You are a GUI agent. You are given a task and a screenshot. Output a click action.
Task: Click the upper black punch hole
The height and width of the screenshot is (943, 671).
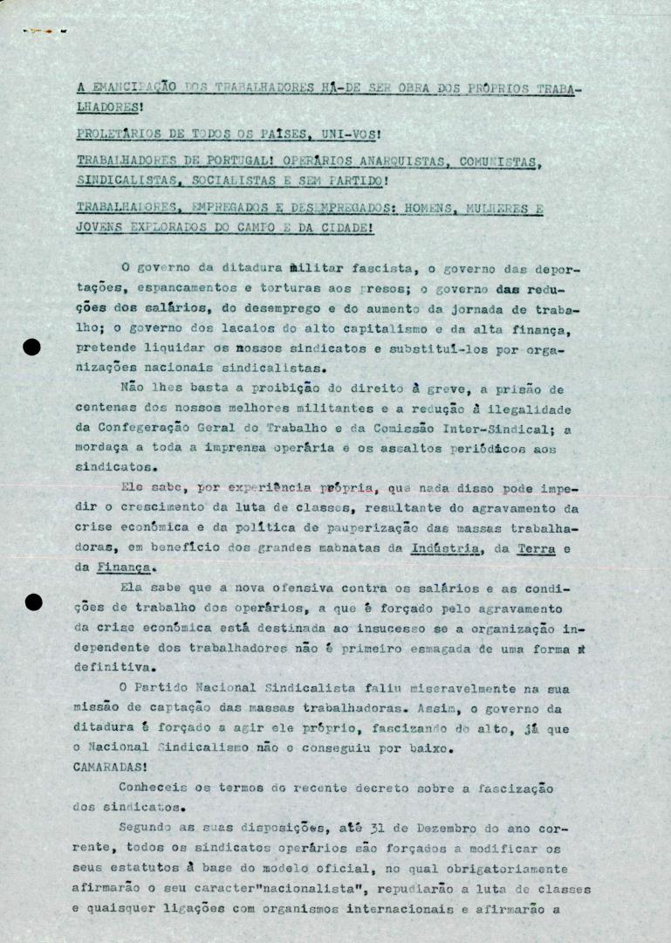click(x=31, y=348)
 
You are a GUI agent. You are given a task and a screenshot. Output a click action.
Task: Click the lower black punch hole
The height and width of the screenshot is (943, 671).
click(x=32, y=602)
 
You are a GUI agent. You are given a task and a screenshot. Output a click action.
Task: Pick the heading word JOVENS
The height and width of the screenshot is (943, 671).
click(x=99, y=228)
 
